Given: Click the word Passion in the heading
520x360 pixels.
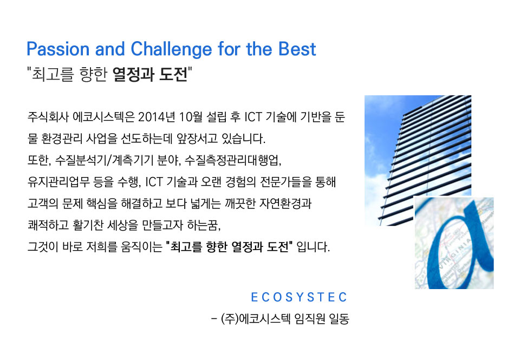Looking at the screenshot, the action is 58,49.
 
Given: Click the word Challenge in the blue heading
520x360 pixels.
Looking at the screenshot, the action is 172,50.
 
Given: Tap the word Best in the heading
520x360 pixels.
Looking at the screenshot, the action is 297,49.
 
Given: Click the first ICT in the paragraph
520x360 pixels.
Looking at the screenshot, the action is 253,117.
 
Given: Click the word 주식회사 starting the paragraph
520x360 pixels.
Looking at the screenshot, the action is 48,117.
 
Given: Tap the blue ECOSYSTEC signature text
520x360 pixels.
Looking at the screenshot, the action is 299,297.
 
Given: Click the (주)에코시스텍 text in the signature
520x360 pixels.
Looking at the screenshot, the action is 256,319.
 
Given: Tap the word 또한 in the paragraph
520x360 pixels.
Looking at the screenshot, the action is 38,160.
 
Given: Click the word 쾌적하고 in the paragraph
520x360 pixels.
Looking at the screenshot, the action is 48,225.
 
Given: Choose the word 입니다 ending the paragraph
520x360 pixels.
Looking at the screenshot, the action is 313,247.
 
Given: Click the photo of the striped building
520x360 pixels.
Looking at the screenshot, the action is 418,160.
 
